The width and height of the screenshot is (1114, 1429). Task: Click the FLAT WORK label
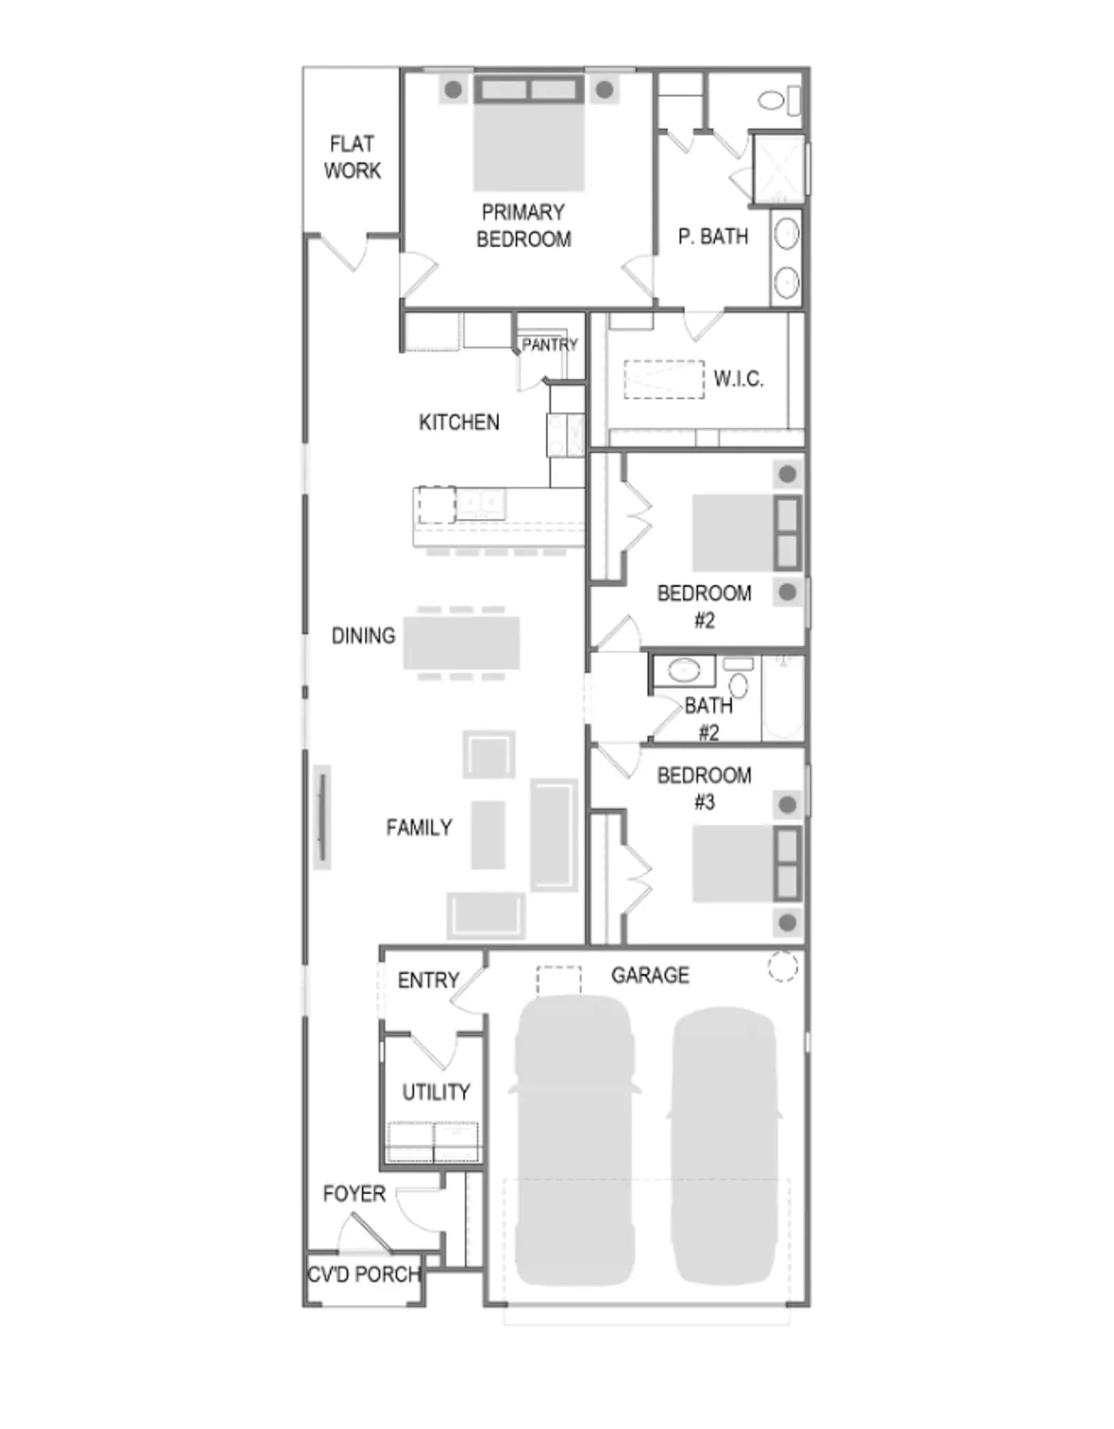(352, 157)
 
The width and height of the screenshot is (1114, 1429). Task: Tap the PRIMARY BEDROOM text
(524, 226)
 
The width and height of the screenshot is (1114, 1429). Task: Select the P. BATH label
(713, 237)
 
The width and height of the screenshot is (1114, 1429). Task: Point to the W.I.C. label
(739, 379)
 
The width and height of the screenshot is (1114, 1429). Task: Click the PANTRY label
(550, 345)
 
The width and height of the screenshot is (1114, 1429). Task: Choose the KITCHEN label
(459, 422)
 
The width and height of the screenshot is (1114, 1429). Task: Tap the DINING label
(363, 636)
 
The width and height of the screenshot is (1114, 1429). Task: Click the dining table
(462, 643)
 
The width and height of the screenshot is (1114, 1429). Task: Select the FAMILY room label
(419, 827)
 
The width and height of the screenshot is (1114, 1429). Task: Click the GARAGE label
(650, 975)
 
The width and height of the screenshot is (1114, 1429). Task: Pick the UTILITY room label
(436, 1092)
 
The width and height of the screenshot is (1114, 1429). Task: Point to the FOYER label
(354, 1194)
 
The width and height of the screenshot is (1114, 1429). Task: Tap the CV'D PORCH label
(364, 1274)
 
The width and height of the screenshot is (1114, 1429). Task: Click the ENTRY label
(428, 981)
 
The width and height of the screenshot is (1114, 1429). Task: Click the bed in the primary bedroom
(528, 132)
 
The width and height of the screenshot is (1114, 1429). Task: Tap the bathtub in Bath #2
(783, 697)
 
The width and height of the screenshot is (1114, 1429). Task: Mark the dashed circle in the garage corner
(783, 967)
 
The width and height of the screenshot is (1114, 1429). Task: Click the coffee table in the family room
(488, 835)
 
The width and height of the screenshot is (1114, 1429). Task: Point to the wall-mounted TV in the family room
(322, 817)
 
